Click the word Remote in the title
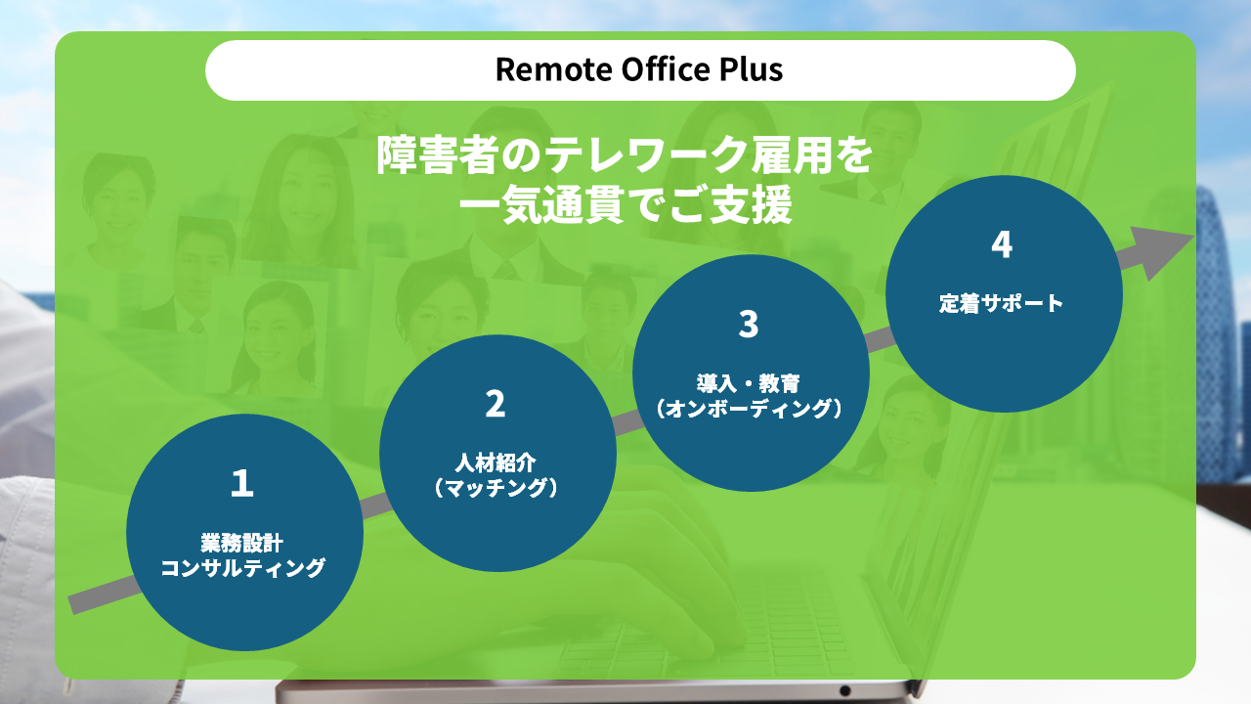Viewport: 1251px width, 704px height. [x=554, y=69]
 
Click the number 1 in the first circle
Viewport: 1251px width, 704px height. [x=242, y=483]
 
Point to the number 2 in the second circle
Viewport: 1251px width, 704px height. [x=496, y=404]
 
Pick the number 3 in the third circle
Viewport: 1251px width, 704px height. [x=749, y=324]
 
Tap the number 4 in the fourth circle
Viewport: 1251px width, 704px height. [x=1002, y=244]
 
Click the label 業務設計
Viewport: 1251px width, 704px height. [x=241, y=543]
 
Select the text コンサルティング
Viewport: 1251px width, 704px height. [x=242, y=568]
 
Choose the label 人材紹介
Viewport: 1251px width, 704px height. [x=496, y=462]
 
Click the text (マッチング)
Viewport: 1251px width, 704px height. [x=496, y=488]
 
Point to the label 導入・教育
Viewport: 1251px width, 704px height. [x=749, y=383]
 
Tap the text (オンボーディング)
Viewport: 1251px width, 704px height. [x=749, y=409]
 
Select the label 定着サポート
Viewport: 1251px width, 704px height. [x=1002, y=303]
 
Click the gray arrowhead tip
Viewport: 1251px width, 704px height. [x=1193, y=236]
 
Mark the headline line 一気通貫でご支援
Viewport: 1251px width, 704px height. [x=625, y=205]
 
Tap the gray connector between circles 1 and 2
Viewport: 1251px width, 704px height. [x=375, y=506]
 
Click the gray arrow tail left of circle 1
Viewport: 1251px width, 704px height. [x=105, y=595]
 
